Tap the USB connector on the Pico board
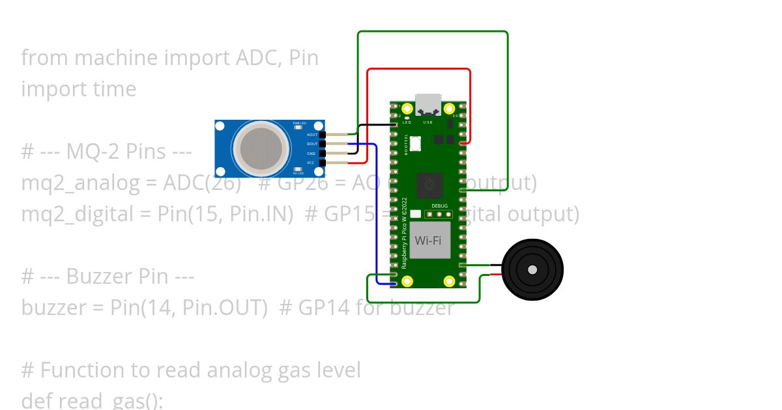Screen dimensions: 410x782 point(428,104)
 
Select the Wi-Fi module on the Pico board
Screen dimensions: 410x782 point(429,240)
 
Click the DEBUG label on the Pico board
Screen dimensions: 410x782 point(439,206)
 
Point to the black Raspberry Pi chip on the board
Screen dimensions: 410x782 point(429,185)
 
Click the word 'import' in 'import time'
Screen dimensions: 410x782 point(50,89)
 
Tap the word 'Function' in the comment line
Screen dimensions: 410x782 point(83,370)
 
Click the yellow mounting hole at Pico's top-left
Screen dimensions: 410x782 point(408,109)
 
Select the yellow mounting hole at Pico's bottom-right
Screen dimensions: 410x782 point(449,281)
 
